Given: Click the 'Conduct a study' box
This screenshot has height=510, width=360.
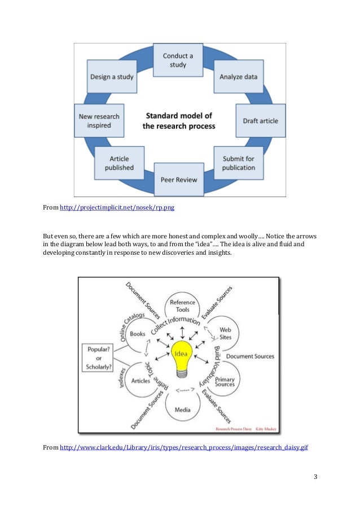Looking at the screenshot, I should point(178,60).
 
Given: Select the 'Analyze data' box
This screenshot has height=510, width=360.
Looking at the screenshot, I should point(239,76).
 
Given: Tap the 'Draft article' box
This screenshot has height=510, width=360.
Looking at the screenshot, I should point(260,121).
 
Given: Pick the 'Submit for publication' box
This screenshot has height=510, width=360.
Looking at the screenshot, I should point(238,164).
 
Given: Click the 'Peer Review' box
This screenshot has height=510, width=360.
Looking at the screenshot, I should point(179,180).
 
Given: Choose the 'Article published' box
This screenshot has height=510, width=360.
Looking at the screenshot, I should point(120,163).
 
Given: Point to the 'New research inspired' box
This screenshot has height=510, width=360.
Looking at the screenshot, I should point(99,121).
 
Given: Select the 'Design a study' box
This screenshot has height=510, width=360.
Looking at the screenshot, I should point(112,77).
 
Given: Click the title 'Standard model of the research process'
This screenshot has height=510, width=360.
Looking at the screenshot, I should point(179,121).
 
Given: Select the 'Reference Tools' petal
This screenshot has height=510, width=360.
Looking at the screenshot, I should point(182,306).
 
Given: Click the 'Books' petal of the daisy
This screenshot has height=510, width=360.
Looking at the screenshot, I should point(138,334).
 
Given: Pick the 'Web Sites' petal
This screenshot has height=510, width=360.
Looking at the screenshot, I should point(225,333).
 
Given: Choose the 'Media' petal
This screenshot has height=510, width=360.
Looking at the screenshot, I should point(182,409).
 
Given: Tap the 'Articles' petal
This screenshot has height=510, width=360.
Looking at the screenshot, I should point(141,381).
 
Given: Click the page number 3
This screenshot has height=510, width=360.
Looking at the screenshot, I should point(316,478).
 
